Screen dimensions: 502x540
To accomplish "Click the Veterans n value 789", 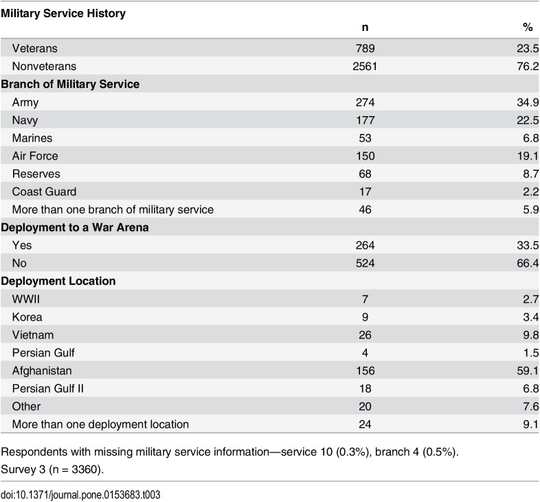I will [x=365, y=49].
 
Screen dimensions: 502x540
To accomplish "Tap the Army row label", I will [x=25, y=102].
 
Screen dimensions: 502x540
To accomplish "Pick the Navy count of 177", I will [x=365, y=120].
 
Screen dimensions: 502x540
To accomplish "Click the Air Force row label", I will [x=35, y=156].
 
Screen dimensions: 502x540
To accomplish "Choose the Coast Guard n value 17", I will [x=365, y=192].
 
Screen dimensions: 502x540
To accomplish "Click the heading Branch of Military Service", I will [x=71, y=84].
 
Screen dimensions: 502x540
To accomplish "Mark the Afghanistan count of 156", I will [x=365, y=370].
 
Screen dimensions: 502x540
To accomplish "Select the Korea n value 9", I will [x=365, y=317].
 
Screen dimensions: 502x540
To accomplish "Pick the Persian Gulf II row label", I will [x=48, y=388].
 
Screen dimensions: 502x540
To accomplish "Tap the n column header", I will [x=365, y=27].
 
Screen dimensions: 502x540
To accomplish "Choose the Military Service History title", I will [x=63, y=13].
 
